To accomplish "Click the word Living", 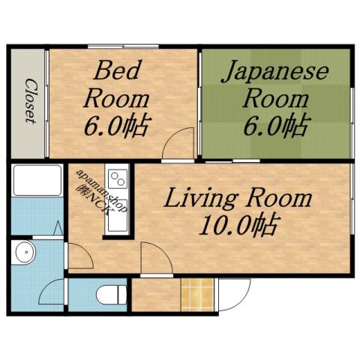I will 196,199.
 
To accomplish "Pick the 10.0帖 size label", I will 235,224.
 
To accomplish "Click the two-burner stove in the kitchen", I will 119,179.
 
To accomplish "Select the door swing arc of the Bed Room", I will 178,144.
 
